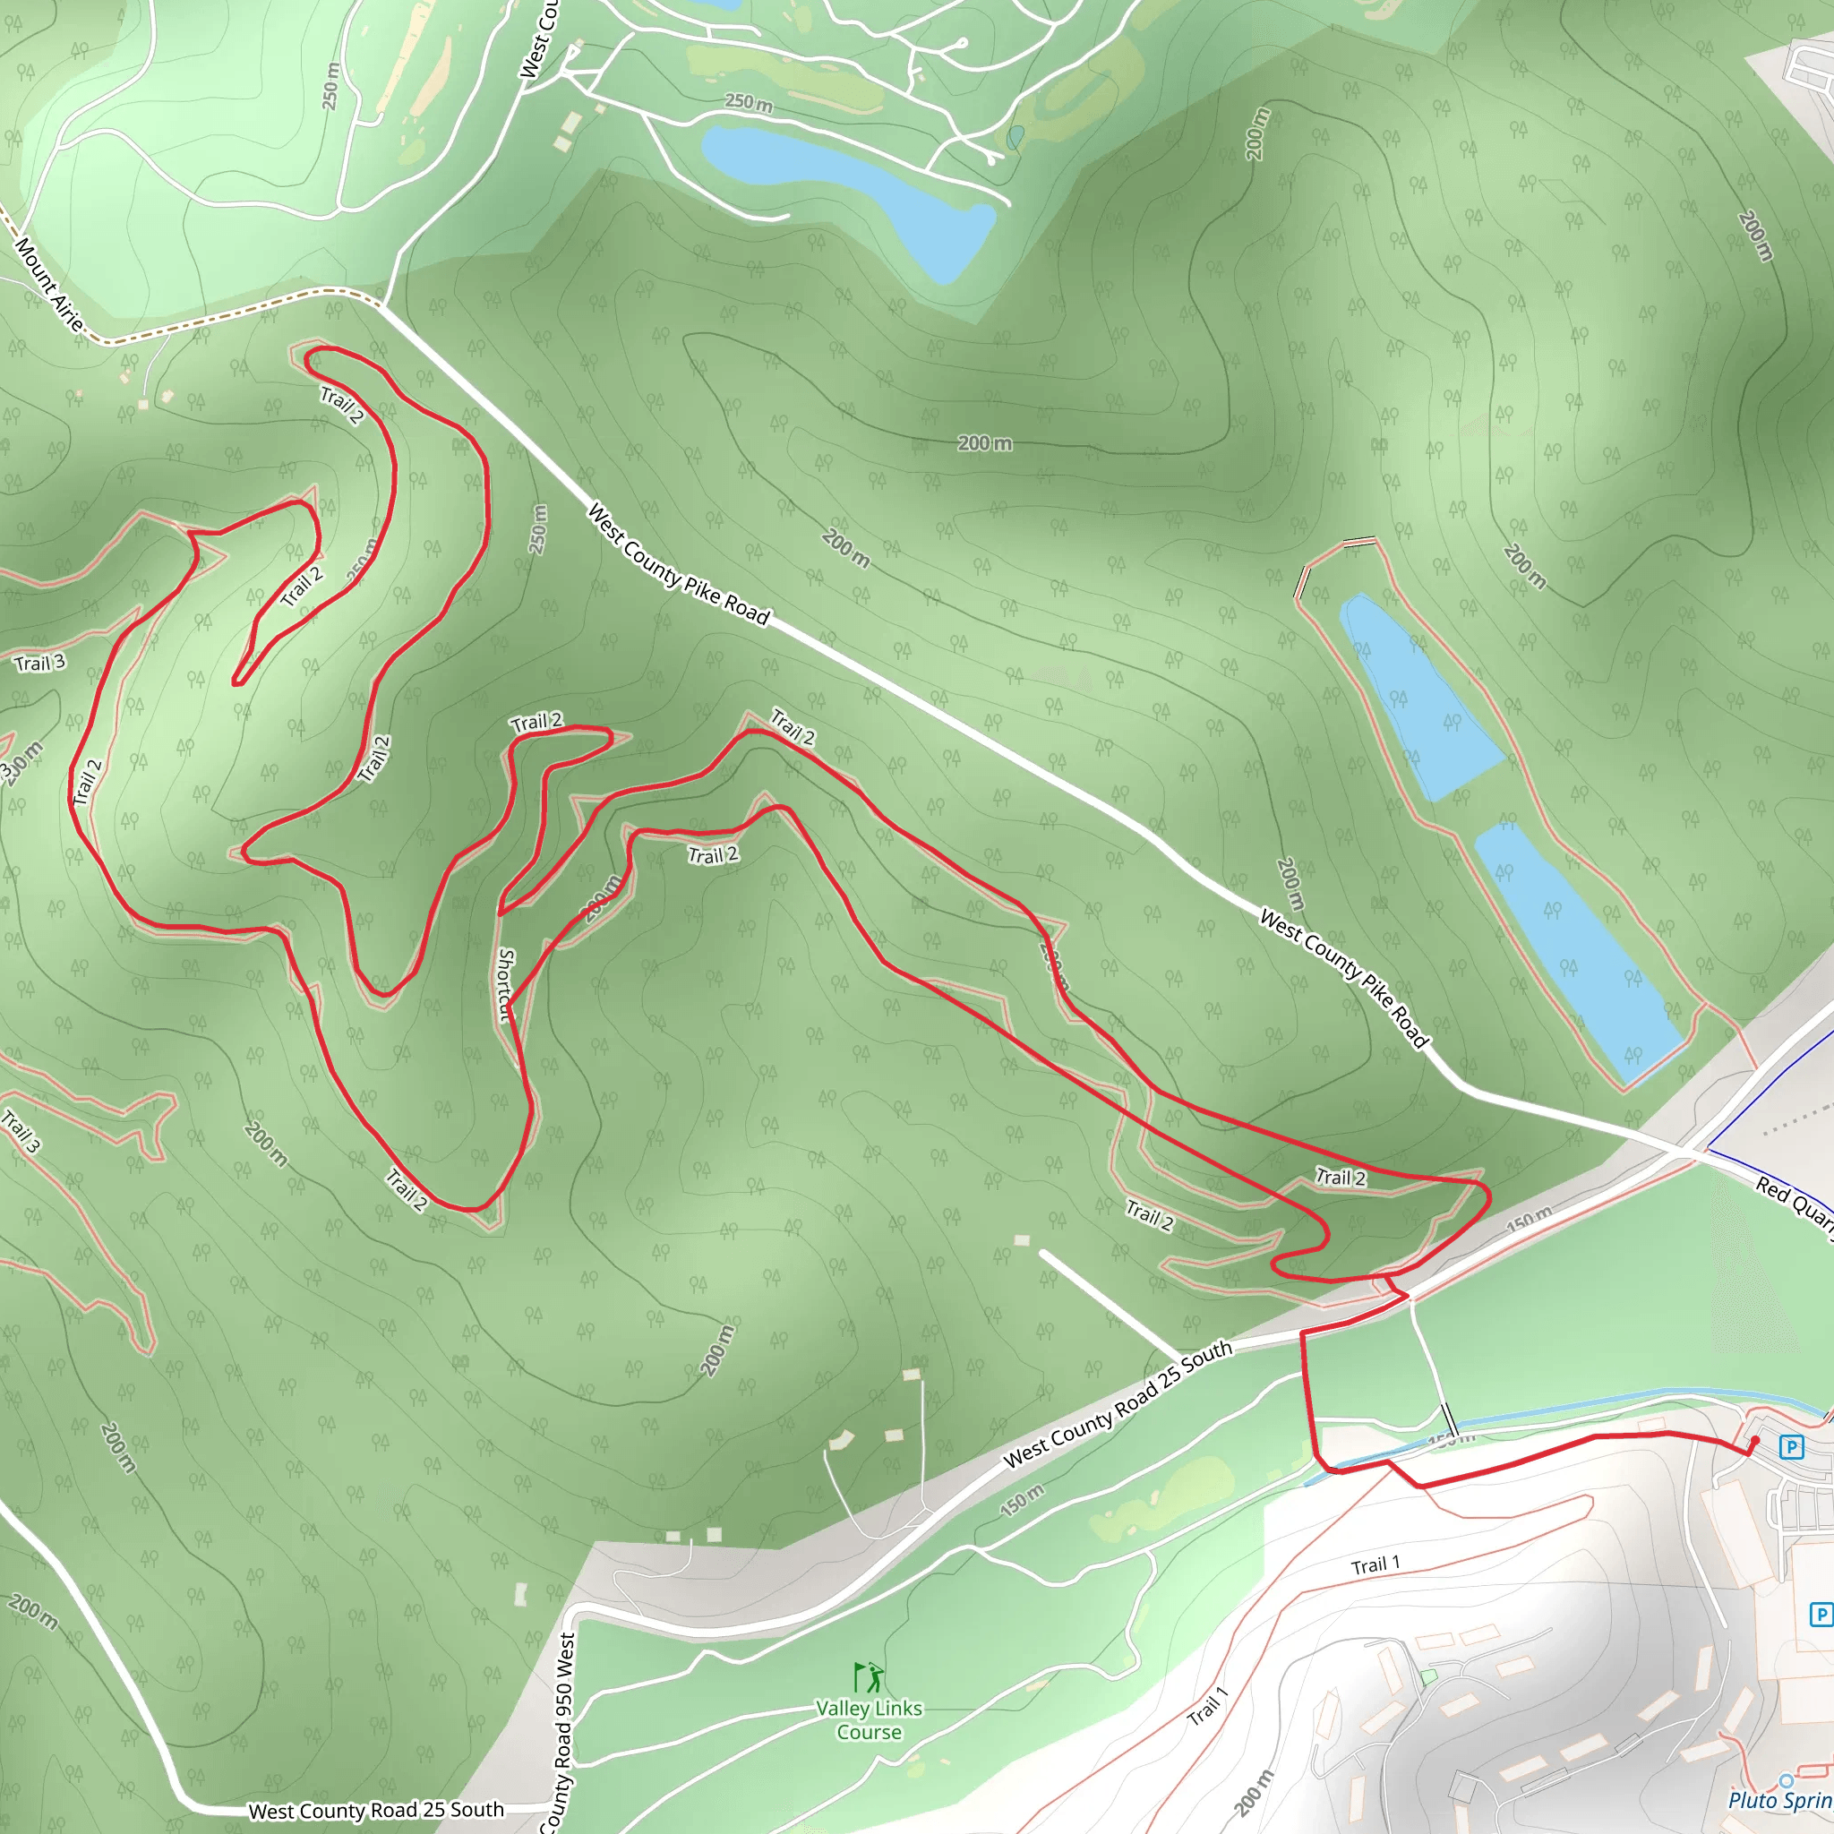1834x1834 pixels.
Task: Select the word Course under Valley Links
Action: click(869, 1733)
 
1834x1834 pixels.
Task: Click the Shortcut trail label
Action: click(505, 985)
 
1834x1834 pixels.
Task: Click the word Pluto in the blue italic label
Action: click(1751, 1800)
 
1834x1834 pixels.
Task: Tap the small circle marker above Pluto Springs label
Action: click(1786, 1780)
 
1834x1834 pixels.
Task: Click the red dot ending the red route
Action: click(1754, 1441)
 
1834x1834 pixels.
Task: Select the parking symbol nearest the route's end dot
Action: click(1791, 1447)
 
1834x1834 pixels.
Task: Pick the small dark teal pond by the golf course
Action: click(1015, 139)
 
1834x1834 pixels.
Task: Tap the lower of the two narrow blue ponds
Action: click(1576, 949)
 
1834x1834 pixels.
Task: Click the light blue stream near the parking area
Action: click(1566, 1406)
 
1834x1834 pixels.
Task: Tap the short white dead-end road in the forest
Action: click(1110, 1304)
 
